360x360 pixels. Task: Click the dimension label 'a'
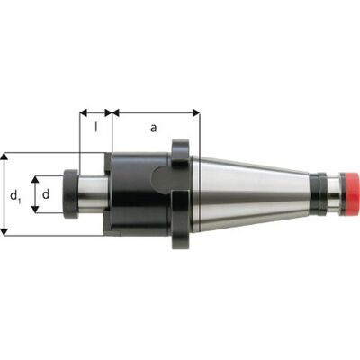[x=153, y=128]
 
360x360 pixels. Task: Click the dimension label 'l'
[x=96, y=127]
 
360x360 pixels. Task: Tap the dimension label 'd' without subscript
[x=46, y=194]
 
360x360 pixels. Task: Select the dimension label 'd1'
[x=15, y=196]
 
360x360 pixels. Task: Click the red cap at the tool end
[x=349, y=193]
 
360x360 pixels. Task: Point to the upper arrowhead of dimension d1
[x=4, y=157]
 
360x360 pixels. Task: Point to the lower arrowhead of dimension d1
[x=4, y=231]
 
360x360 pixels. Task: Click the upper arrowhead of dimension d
[x=35, y=180]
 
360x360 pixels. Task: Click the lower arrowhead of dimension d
[x=35, y=210]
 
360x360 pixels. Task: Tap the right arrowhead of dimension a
[x=196, y=113]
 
